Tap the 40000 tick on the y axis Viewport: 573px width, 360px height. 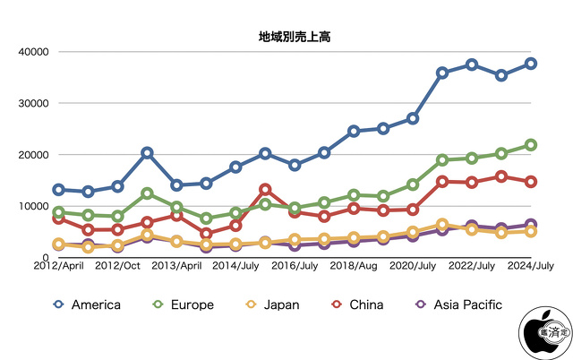(x=31, y=52)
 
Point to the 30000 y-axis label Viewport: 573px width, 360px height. (x=31, y=103)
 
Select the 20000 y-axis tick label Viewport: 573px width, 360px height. (x=31, y=155)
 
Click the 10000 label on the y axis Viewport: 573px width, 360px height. (x=31, y=206)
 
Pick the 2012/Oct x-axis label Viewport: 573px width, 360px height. (x=118, y=266)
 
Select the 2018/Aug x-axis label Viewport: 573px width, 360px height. (x=354, y=266)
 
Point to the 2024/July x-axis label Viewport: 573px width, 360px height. (x=530, y=266)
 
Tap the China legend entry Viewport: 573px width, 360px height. (x=358, y=304)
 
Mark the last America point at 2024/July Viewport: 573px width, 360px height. (x=530, y=64)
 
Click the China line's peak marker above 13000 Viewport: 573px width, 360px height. (x=265, y=190)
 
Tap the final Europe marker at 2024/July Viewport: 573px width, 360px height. (x=530, y=145)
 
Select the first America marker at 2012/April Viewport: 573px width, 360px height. (x=58, y=190)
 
